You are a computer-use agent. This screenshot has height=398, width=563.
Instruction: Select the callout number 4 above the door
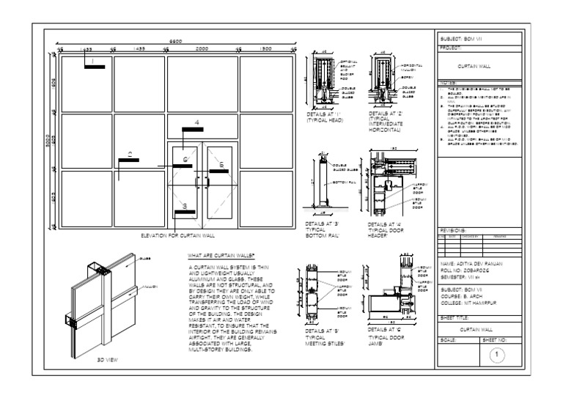(196, 121)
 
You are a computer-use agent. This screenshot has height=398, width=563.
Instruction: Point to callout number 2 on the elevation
(129, 155)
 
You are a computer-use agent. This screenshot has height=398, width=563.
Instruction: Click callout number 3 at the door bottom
(185, 206)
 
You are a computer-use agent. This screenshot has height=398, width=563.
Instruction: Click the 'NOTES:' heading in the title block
(448, 83)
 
